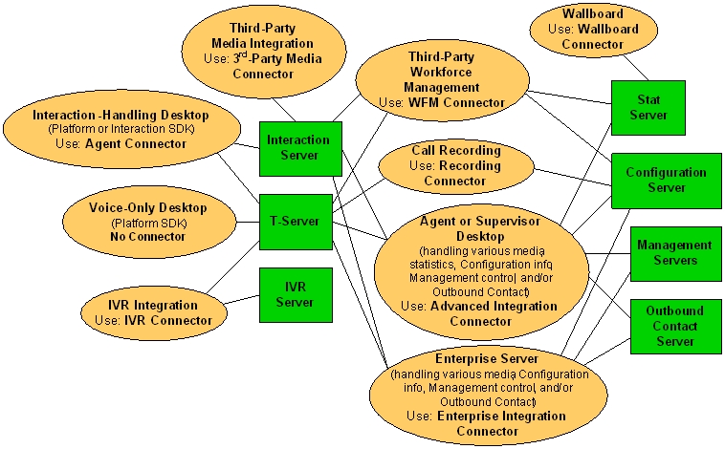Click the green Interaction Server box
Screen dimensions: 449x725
point(297,148)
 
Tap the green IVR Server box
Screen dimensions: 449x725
point(295,294)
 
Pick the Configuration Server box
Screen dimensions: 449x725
point(666,181)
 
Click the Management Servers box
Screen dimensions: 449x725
point(674,253)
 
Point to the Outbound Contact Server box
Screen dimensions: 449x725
point(674,326)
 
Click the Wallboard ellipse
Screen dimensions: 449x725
point(592,30)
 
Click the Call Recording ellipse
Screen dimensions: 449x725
point(455,165)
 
